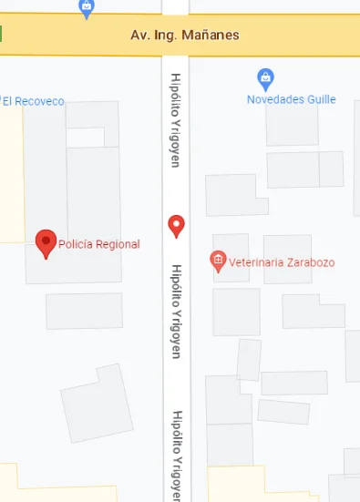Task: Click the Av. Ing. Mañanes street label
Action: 185,36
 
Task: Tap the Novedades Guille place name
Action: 292,99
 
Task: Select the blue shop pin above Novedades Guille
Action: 265,78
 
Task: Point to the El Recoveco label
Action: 34,101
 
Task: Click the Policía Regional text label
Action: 99,244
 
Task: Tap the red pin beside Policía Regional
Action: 46,242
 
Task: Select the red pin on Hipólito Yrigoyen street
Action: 177,226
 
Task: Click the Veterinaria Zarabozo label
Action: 282,262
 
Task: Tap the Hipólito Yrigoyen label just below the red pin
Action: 177,311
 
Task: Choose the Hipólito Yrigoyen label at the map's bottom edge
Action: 176,456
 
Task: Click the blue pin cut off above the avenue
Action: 87,8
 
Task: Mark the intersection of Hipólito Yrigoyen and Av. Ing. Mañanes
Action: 176,36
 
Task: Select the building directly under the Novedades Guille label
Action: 292,127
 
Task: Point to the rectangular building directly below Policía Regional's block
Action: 84,311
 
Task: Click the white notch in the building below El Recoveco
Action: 84,138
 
